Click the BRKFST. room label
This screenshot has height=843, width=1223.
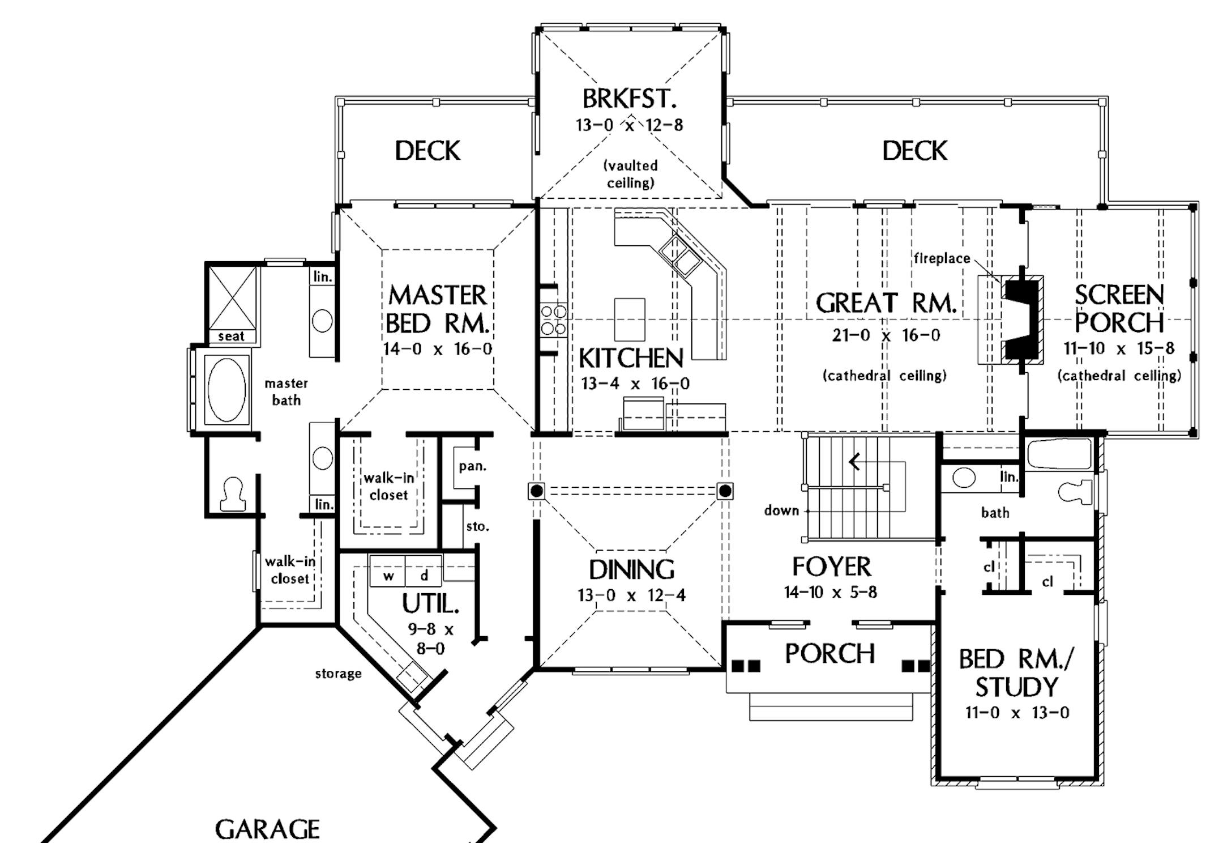pos(629,99)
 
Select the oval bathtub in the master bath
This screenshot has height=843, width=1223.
pos(226,389)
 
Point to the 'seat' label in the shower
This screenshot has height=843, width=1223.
pos(231,337)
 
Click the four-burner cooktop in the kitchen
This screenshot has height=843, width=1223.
pos(553,320)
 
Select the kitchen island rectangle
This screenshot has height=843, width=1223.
pos(630,320)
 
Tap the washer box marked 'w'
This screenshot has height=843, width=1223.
pos(388,576)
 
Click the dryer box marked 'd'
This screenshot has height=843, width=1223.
pos(424,576)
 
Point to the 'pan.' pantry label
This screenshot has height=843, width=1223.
pos(472,466)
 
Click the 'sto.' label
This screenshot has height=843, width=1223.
pos(477,526)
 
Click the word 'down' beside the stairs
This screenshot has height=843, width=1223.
pos(781,510)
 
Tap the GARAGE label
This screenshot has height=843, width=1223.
pos(267,829)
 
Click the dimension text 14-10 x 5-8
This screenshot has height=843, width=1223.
pos(830,593)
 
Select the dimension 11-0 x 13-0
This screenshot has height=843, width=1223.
pos(1017,713)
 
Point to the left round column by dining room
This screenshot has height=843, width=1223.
pos(537,490)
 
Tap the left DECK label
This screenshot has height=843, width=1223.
pos(427,151)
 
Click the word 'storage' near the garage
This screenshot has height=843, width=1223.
pos(338,674)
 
